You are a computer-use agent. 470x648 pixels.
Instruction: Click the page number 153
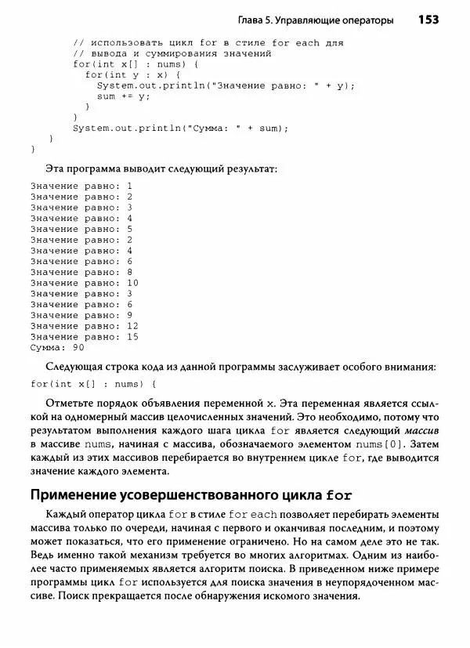click(x=428, y=19)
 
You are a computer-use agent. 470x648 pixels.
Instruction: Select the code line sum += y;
click(x=123, y=96)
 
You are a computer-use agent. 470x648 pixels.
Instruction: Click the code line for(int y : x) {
click(x=127, y=74)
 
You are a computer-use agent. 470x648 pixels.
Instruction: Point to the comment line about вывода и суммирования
click(x=172, y=52)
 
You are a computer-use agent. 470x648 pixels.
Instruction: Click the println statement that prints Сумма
click(x=181, y=128)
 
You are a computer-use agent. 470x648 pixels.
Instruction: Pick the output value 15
click(x=132, y=336)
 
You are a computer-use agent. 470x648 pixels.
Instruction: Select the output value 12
click(x=132, y=325)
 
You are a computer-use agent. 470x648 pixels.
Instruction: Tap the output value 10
click(x=132, y=282)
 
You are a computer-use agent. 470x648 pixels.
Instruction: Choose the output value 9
click(x=129, y=314)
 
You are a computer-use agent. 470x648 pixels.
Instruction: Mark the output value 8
click(x=129, y=271)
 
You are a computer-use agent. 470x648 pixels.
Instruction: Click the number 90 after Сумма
click(x=78, y=347)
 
